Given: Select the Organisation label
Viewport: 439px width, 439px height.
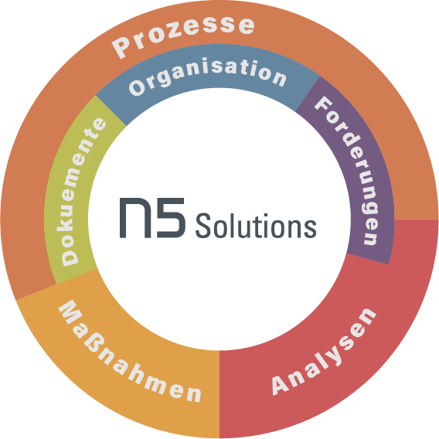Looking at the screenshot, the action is point(207,75).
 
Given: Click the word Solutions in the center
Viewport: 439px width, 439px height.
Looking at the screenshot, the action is point(256,226).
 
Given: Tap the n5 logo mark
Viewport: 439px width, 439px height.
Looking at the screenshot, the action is point(152,218).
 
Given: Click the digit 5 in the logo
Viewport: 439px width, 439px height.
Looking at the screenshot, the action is point(171,218).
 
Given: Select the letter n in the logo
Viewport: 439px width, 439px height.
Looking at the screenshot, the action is point(135,218).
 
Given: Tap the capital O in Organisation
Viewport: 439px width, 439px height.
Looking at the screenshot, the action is point(137,87).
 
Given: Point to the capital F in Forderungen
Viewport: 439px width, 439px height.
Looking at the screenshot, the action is point(323,104).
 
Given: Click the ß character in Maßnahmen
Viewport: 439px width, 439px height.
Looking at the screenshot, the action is point(97,345).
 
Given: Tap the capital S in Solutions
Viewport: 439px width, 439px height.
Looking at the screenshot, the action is point(202,226).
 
